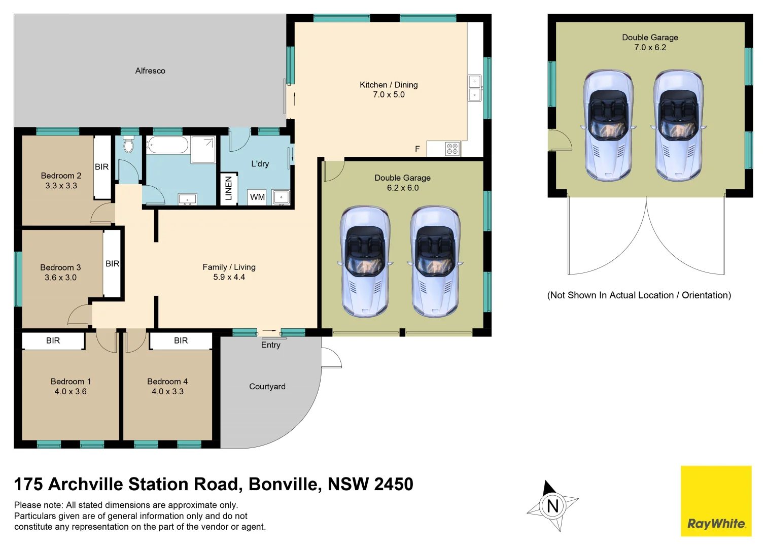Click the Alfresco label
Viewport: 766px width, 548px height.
click(x=150, y=71)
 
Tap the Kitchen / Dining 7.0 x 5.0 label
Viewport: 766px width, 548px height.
click(x=389, y=90)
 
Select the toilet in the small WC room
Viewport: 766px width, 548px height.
click(x=128, y=145)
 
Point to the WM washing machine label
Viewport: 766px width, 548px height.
click(x=257, y=197)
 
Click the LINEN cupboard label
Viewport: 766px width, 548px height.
click(x=228, y=188)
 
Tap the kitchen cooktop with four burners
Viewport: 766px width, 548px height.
click(x=452, y=149)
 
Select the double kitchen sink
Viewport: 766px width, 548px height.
click(x=474, y=88)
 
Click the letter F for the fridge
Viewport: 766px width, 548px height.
click(x=417, y=149)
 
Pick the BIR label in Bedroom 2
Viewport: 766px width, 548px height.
click(x=101, y=167)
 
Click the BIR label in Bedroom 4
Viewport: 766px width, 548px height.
click(x=181, y=340)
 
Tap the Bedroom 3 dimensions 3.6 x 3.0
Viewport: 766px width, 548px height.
click(x=60, y=278)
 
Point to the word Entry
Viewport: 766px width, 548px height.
click(x=270, y=345)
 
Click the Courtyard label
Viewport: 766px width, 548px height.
click(x=267, y=387)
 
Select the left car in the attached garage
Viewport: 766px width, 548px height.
click(x=365, y=261)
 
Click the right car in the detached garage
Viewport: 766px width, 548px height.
click(x=678, y=125)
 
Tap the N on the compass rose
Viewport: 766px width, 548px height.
click(x=552, y=506)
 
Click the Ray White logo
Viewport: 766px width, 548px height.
click(x=716, y=501)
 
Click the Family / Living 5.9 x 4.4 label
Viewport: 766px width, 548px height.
click(x=229, y=272)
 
